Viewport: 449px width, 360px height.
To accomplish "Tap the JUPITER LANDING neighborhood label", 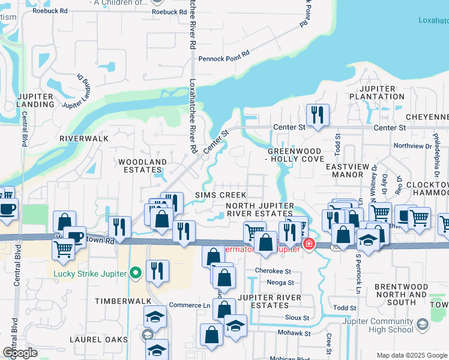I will click(35, 100).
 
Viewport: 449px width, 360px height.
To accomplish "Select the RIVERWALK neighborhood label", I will click(84, 138).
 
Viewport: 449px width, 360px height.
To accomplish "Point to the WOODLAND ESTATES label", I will click(142, 166).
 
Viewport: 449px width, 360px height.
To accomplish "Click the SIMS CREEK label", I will click(221, 195).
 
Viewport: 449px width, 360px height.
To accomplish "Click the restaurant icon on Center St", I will click(317, 114).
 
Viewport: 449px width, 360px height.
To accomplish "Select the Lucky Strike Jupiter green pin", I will click(135, 274).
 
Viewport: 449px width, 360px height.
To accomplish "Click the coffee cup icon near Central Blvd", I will click(7, 209).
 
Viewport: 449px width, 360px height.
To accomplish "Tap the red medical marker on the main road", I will click(309, 243).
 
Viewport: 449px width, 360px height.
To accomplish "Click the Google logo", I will click(20, 352).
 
